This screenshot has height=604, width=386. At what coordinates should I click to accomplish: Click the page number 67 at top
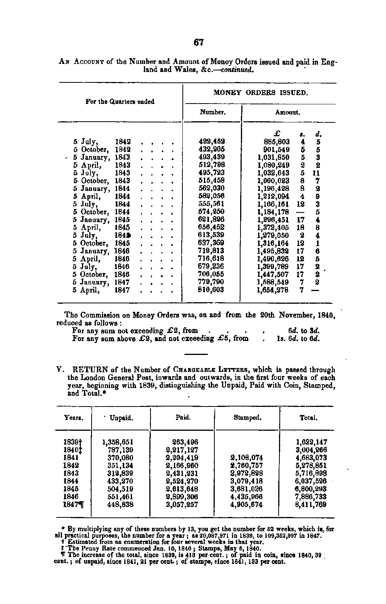pos(198,42)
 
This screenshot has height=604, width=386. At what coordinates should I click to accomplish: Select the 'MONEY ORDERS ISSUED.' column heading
pos(261,93)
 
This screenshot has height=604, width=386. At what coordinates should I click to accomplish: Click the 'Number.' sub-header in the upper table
pos(212,112)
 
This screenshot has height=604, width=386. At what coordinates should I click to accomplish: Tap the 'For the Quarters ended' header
pos(120,102)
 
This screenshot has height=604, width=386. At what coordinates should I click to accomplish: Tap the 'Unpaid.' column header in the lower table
pos(121,418)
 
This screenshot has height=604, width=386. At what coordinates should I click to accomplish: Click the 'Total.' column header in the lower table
pos(308,418)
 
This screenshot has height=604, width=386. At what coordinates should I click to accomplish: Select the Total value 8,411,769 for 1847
pos(310,504)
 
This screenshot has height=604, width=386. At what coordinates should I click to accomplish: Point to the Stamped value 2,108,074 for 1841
pos(246,458)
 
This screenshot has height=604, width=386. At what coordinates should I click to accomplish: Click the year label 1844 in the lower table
pos(71,481)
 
